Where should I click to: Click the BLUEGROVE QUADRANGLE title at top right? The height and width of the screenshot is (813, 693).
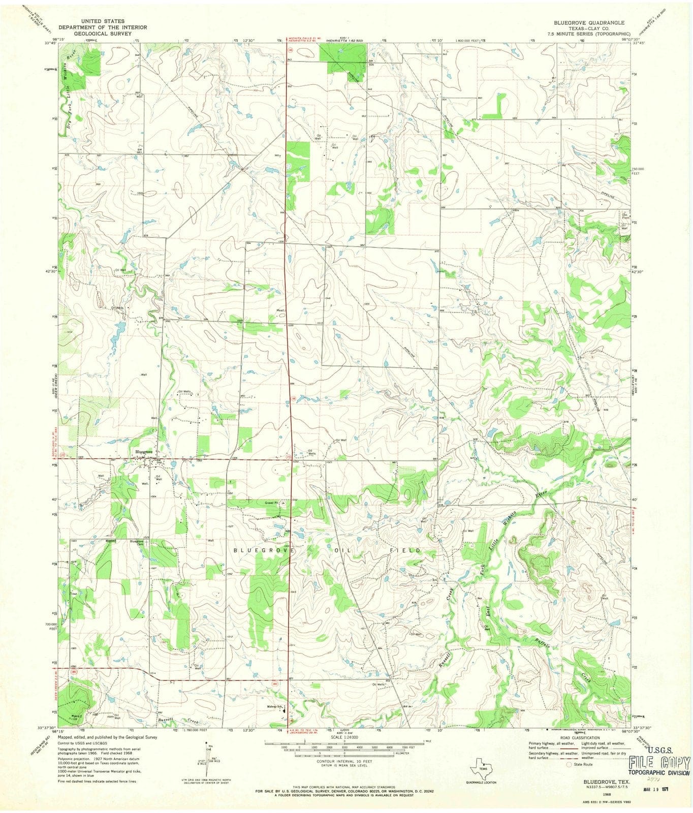589,23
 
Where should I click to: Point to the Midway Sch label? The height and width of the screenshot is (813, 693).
274,707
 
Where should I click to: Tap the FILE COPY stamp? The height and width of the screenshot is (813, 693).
659,762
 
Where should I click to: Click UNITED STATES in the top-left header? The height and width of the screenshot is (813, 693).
91,21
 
